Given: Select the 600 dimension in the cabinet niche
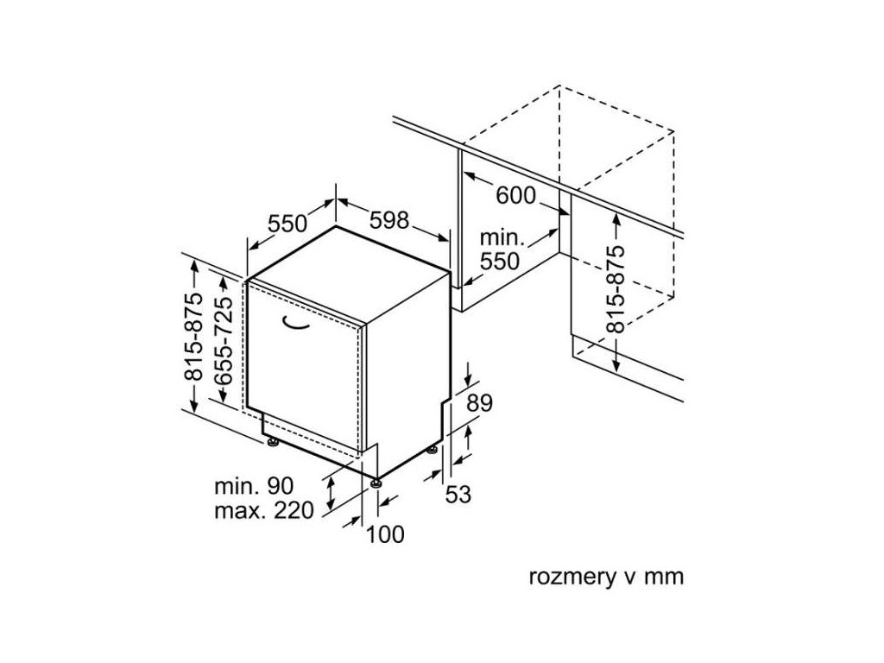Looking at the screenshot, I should click(515, 196).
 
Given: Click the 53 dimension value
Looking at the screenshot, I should click(459, 495).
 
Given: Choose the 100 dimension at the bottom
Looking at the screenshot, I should click(385, 534).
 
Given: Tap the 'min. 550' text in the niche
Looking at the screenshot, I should click(502, 249).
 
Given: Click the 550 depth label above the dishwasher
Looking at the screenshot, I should click(287, 224).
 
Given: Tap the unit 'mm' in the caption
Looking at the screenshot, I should click(666, 577).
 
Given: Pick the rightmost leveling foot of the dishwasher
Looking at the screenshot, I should click(431, 449).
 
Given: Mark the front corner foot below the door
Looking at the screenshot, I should click(376, 484).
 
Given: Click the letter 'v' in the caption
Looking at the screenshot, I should click(628, 577).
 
